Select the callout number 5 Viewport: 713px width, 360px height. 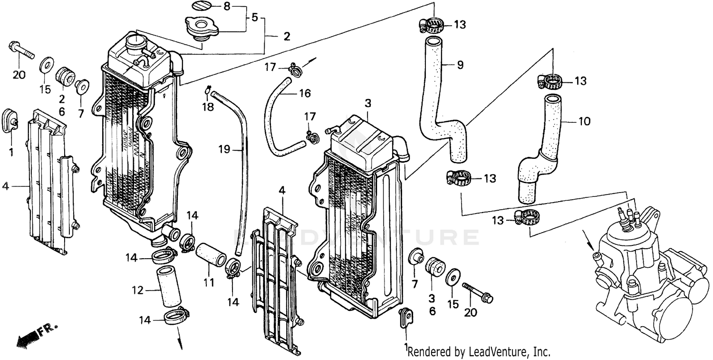254,18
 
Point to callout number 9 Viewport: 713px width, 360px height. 460,65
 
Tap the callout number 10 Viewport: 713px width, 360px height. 584,121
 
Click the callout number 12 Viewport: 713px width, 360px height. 137,290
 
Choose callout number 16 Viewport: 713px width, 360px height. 305,93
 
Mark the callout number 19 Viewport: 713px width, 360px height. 224,150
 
